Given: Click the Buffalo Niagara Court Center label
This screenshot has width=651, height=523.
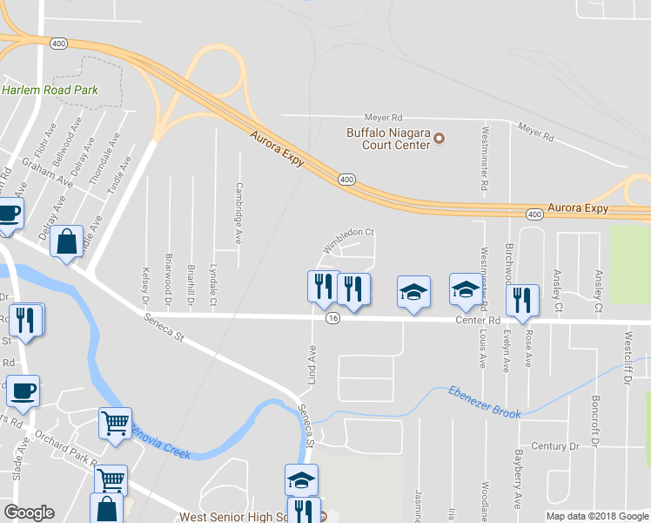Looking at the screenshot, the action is [x=388, y=139].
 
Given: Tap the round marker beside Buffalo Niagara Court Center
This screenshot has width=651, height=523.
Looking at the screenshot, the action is [x=440, y=139].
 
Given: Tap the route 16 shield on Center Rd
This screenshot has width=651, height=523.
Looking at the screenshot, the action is [x=333, y=319].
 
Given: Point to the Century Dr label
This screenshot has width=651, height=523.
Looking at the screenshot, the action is [x=554, y=446].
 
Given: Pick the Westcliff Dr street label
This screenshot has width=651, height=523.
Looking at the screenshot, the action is [x=627, y=353].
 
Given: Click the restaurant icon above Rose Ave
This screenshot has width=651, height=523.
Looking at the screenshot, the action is [x=521, y=299].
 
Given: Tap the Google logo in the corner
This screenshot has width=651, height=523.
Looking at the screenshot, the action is [x=29, y=513].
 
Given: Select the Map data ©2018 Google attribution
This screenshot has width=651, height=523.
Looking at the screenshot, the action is [x=596, y=516].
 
